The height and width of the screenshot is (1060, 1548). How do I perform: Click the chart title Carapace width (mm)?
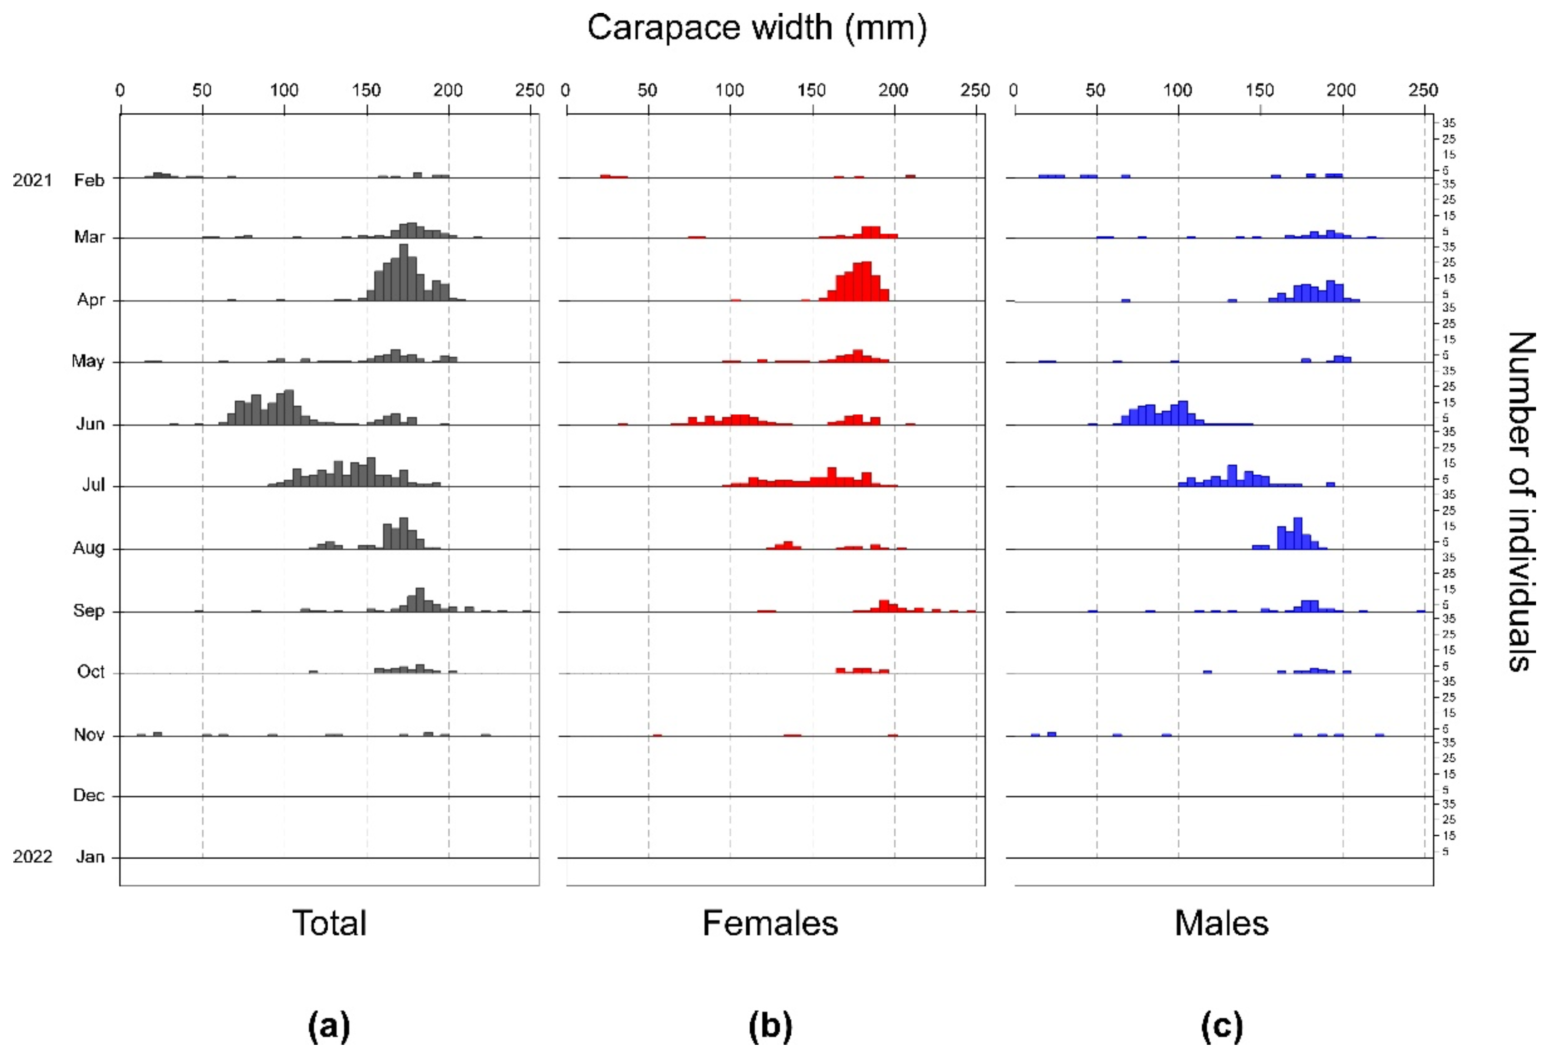click(x=757, y=29)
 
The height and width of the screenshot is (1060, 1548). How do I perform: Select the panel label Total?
click(x=329, y=923)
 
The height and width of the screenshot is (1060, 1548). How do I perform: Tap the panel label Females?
click(x=770, y=923)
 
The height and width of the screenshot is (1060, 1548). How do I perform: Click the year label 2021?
click(x=32, y=181)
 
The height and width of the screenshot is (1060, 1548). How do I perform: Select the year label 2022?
click(x=32, y=857)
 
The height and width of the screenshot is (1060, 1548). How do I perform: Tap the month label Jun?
click(x=90, y=425)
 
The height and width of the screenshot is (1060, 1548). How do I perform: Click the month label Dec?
click(x=88, y=796)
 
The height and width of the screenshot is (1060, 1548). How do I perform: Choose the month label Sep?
click(x=88, y=611)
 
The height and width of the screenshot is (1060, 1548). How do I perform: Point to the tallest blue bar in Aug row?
click(x=1297, y=534)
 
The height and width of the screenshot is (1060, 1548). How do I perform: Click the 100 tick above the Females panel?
click(x=730, y=90)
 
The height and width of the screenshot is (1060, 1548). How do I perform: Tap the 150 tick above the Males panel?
click(x=1259, y=90)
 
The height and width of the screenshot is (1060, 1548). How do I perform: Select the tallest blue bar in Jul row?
click(x=1232, y=476)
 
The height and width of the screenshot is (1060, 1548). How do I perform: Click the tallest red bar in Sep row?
click(x=883, y=606)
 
